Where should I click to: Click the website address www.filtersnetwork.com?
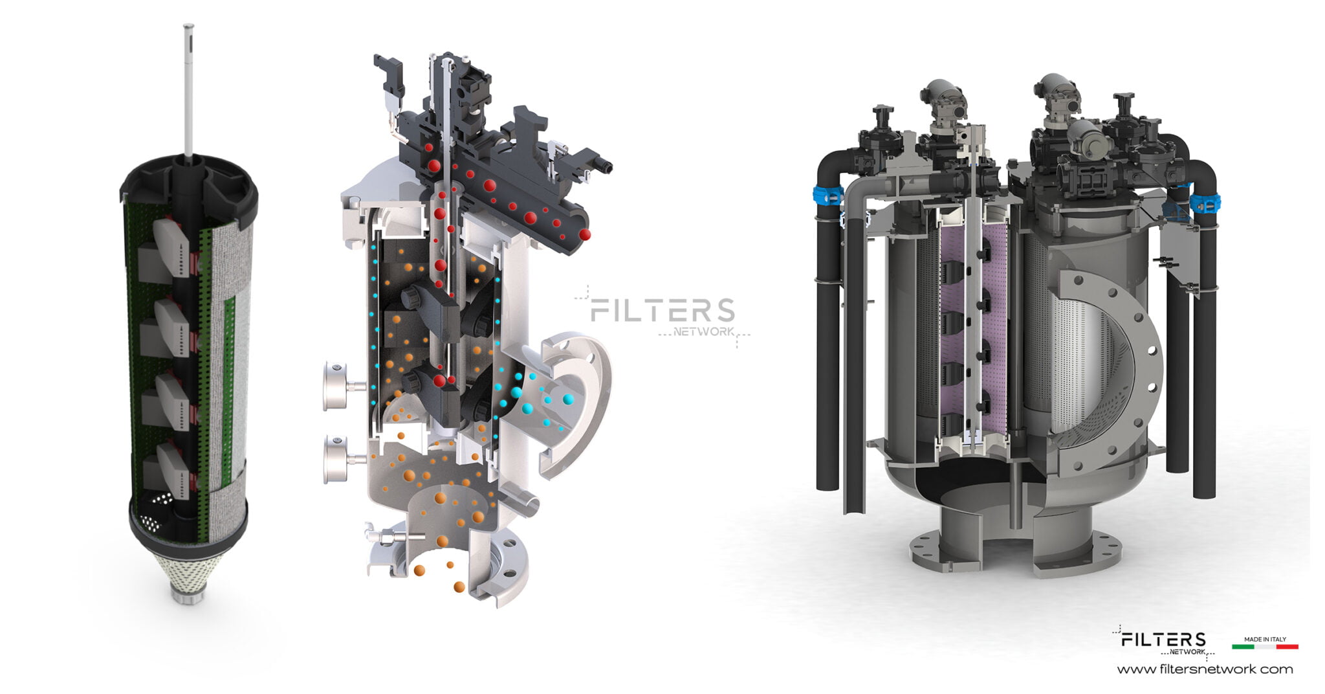1205,669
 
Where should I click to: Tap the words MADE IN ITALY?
1265,639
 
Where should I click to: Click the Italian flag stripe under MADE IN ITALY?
1265,646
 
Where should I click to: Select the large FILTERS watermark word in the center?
662,311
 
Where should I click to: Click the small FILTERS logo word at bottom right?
1163,640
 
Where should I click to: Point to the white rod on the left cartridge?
188,91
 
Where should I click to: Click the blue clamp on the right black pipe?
1205,203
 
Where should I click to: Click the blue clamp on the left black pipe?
827,195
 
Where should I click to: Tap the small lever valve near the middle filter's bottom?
388,537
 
